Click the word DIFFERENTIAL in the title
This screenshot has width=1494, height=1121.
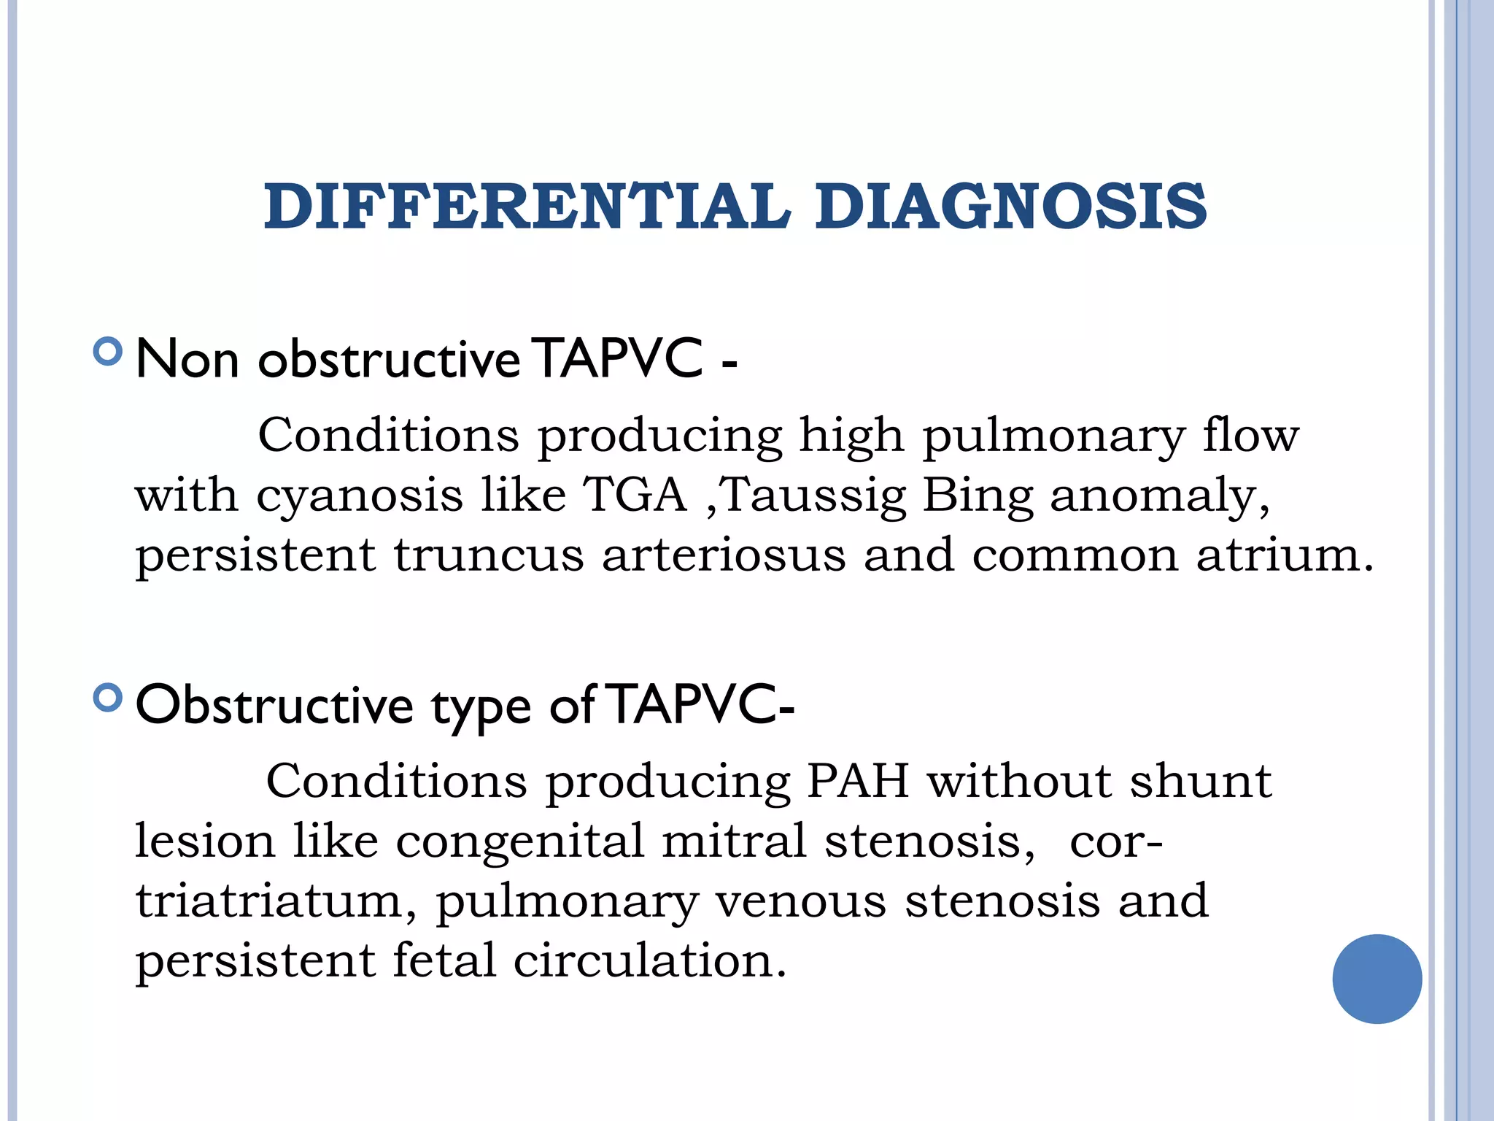(527, 207)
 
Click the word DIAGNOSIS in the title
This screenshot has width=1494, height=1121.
(1011, 207)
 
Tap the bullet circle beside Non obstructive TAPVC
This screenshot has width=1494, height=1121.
(108, 352)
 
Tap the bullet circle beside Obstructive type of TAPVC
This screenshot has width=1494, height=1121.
(108, 698)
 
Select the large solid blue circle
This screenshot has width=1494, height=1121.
(1377, 979)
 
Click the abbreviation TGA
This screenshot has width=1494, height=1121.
(635, 495)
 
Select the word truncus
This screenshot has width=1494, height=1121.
(489, 555)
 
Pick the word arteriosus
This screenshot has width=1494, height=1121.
(724, 555)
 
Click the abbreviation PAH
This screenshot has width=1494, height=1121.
(858, 781)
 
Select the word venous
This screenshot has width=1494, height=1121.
(800, 901)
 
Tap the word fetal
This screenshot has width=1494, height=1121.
(444, 960)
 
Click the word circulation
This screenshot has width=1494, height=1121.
(649, 960)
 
